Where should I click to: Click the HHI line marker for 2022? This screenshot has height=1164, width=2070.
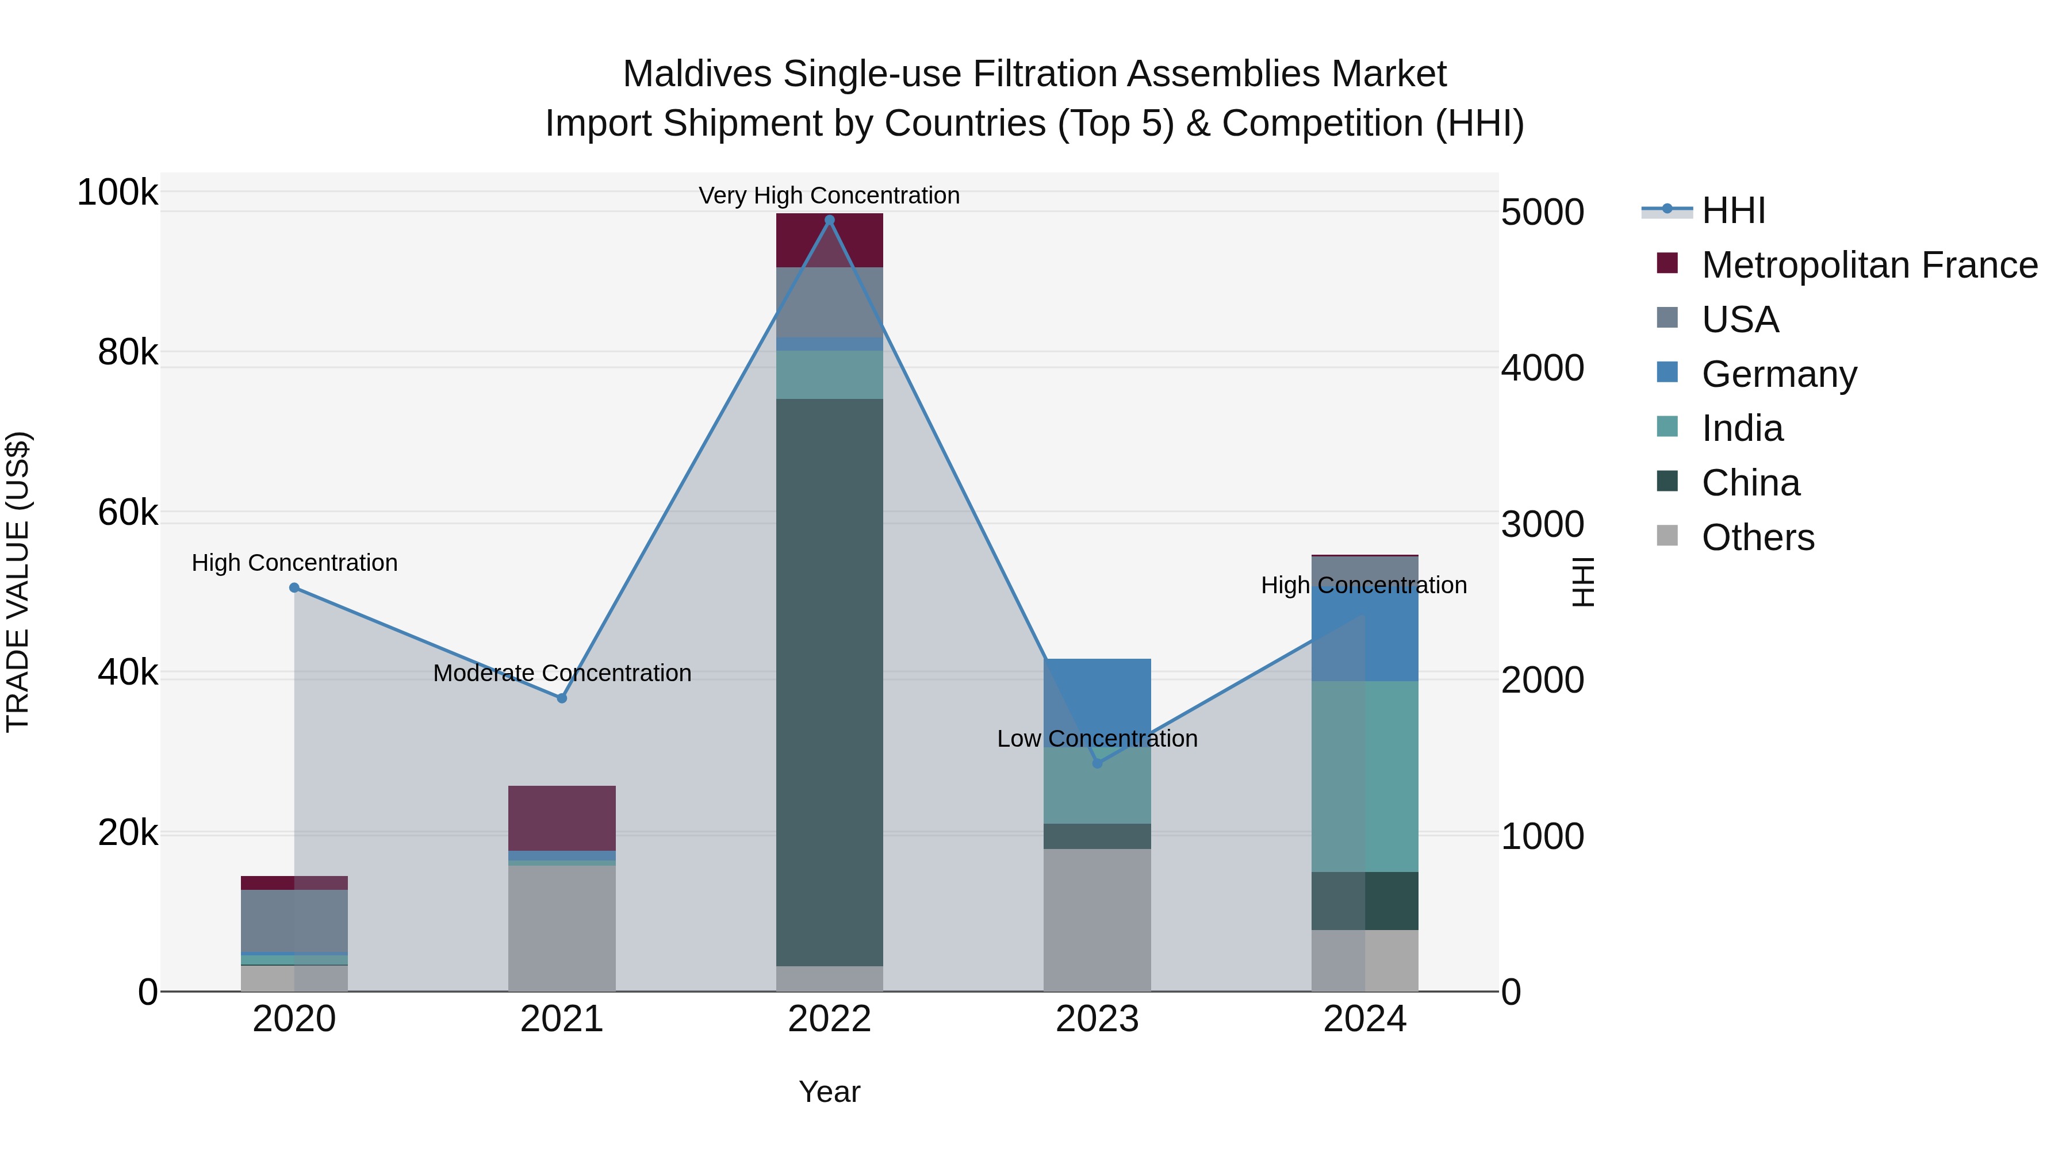tap(829, 220)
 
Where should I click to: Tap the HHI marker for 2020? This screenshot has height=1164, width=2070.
tap(294, 588)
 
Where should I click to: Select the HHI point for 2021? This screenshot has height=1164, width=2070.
tap(562, 698)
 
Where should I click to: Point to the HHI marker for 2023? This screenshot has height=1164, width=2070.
tap(1097, 763)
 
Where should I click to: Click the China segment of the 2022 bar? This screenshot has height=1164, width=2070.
tap(829, 683)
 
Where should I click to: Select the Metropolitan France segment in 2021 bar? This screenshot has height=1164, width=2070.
tap(562, 818)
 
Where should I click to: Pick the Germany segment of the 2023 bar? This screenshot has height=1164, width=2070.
tap(1097, 691)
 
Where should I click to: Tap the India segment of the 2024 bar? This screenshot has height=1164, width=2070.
tap(1364, 776)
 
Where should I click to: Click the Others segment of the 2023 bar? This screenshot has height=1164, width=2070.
tap(1097, 920)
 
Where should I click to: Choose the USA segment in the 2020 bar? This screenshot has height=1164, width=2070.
tap(294, 921)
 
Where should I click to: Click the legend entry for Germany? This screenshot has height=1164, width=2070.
tap(1778, 374)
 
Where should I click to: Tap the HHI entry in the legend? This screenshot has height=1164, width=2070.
tap(1732, 210)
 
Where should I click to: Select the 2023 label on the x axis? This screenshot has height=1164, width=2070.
tap(1097, 1019)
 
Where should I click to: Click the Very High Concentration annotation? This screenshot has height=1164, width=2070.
tap(829, 195)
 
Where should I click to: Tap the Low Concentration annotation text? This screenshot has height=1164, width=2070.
tap(1097, 738)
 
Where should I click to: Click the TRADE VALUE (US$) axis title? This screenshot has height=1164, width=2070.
tap(18, 582)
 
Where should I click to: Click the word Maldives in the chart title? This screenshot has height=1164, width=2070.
tap(697, 74)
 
